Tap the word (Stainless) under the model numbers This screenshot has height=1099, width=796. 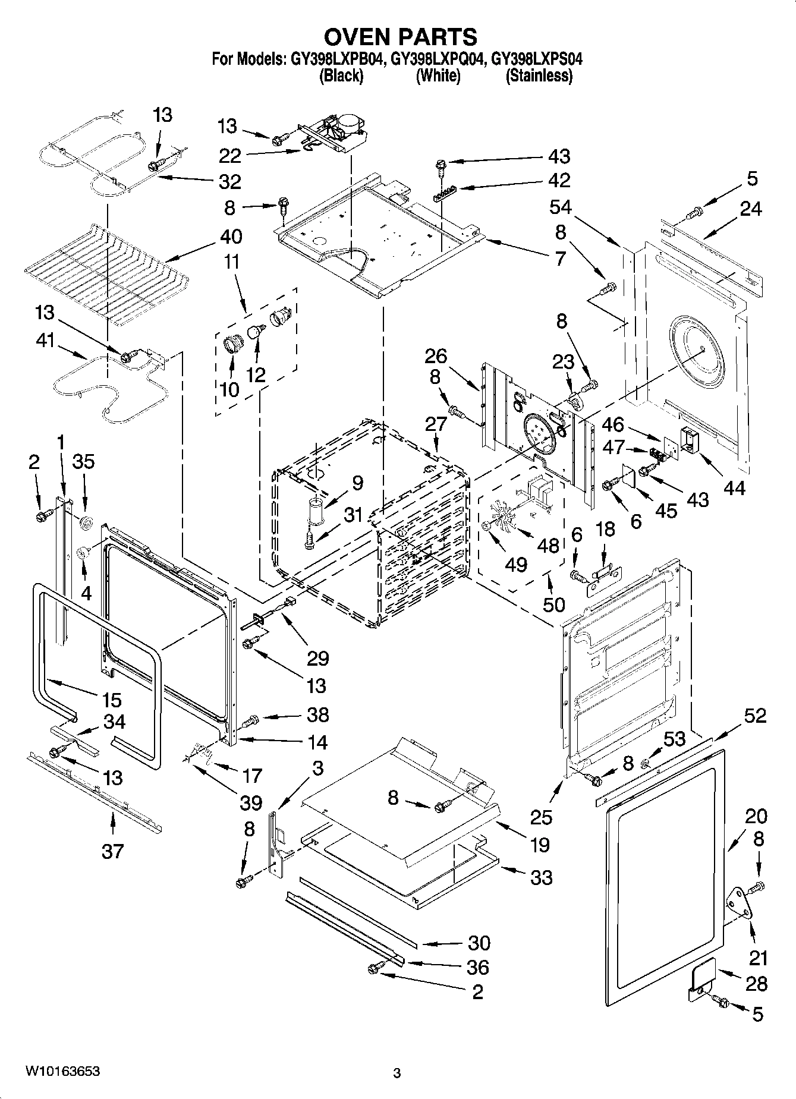[539, 75]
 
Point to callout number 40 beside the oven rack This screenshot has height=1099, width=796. [231, 237]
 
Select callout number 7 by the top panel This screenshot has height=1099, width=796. [560, 259]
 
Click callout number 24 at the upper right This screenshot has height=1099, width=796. [750, 209]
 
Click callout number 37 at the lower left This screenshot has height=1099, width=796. [112, 851]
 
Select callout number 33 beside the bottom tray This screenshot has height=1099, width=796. [540, 877]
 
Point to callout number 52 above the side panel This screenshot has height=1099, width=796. [754, 716]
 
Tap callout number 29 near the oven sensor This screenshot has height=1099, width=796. [318, 658]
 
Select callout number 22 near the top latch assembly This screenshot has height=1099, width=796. [230, 156]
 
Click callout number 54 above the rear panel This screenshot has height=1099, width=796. [560, 207]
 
